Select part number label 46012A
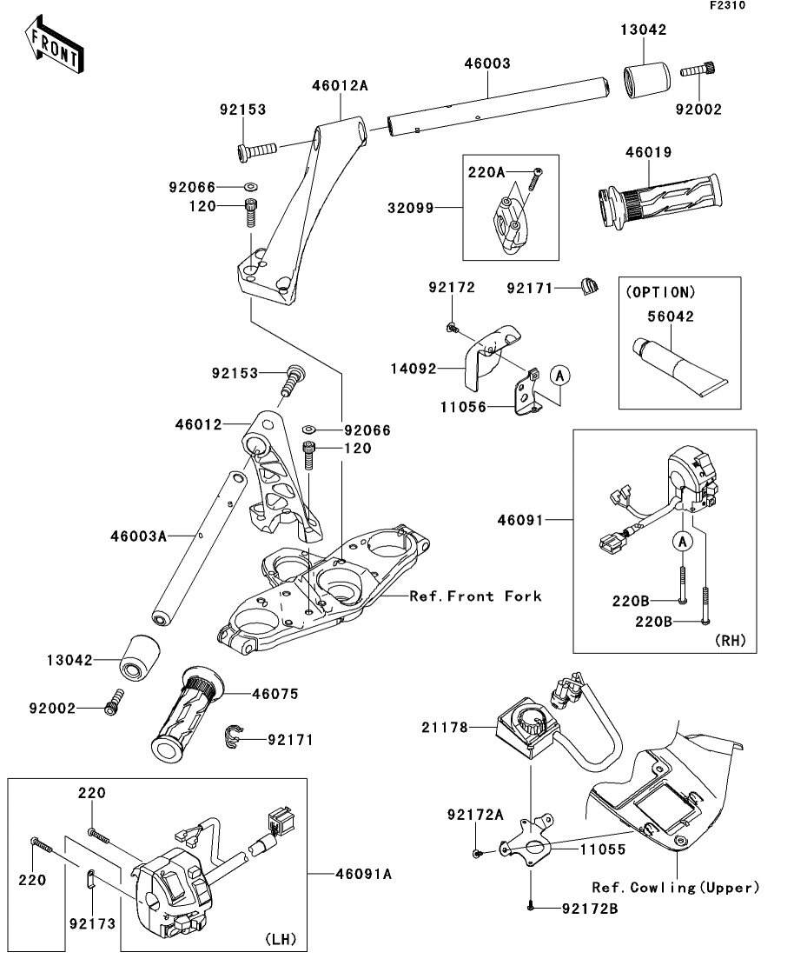341,85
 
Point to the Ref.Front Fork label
475,596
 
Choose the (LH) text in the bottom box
280,939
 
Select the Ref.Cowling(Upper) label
675,888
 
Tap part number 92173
92,923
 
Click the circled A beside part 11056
560,375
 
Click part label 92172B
590,909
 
